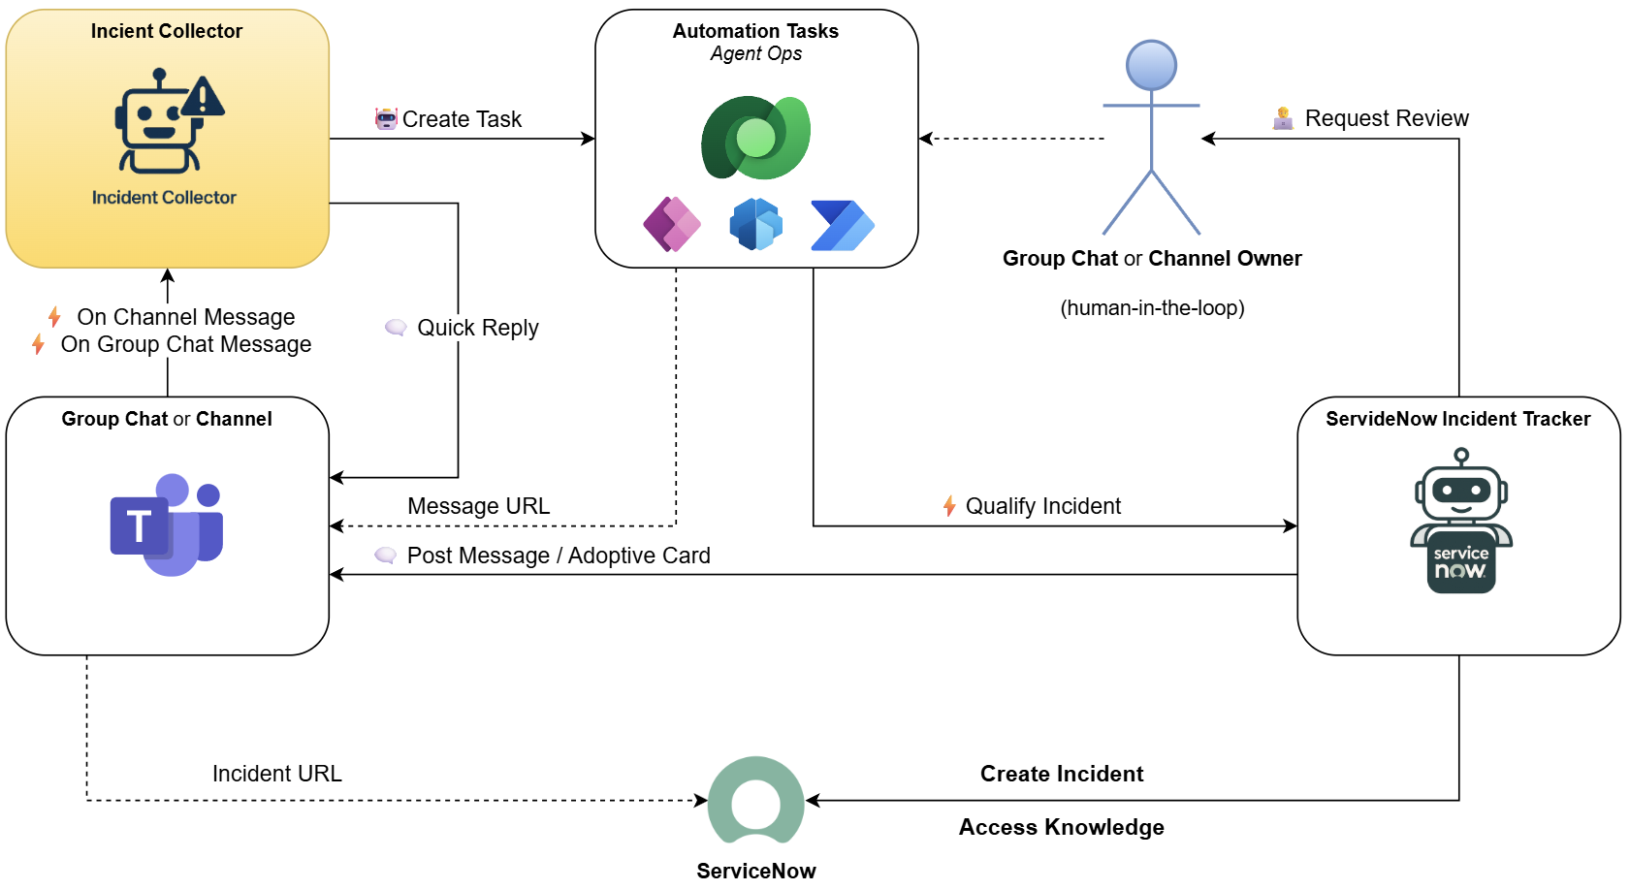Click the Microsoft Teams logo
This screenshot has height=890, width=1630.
pyautogui.click(x=167, y=524)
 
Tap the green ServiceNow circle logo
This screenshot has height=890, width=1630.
pyautogui.click(x=756, y=800)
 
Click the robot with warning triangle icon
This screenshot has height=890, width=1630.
pyautogui.click(x=169, y=121)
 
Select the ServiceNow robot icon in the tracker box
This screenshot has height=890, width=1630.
pyautogui.click(x=1461, y=521)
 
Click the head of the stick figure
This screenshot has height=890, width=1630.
pyautogui.click(x=1151, y=66)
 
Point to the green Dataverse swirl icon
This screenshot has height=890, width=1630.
pyautogui.click(x=756, y=138)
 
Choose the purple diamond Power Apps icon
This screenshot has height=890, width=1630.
pyautogui.click(x=672, y=224)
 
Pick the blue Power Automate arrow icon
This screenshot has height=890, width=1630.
pyautogui.click(x=843, y=226)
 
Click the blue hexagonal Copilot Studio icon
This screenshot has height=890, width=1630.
pyautogui.click(x=756, y=224)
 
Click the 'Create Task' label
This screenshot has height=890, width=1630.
pyautogui.click(x=463, y=118)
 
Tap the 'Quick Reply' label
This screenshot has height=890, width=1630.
pyautogui.click(x=478, y=328)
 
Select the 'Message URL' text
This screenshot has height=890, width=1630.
pyautogui.click(x=479, y=506)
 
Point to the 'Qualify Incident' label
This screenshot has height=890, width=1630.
pyautogui.click(x=1042, y=506)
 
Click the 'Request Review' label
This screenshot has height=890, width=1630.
pyautogui.click(x=1387, y=118)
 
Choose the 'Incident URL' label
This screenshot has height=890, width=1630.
pyautogui.click(x=276, y=774)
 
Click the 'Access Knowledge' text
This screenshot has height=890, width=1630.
pyautogui.click(x=1061, y=827)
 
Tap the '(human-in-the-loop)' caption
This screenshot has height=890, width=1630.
pyautogui.click(x=1152, y=308)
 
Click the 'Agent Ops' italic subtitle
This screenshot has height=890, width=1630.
pyautogui.click(x=756, y=53)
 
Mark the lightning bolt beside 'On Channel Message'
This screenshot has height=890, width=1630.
pyautogui.click(x=54, y=317)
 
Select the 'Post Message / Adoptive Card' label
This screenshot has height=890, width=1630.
pyautogui.click(x=559, y=556)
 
